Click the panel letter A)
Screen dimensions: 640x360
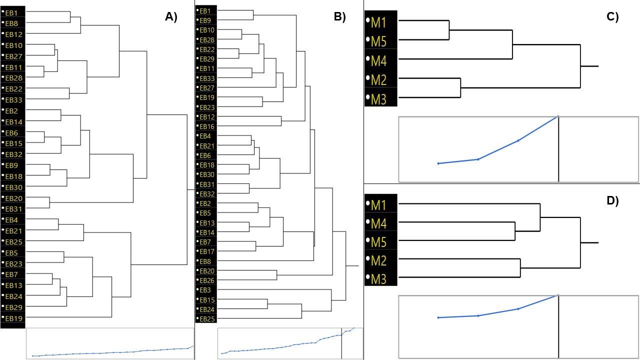(171, 17)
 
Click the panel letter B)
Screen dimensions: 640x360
(339, 17)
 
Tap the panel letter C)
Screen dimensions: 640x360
(612, 17)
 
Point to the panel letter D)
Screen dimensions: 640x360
(612, 200)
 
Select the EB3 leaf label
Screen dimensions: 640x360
(205, 290)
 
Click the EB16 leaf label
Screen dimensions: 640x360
(207, 126)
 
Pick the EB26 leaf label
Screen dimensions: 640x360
(207, 280)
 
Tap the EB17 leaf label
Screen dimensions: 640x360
(207, 251)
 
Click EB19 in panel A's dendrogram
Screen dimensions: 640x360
(13, 318)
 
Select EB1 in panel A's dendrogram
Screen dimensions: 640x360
(11, 13)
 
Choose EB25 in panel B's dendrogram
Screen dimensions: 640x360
(207, 319)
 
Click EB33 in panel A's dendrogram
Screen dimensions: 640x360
(13, 99)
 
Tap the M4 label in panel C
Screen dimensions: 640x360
(378, 61)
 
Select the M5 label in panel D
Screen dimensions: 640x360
(378, 242)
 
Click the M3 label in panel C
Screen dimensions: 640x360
(378, 99)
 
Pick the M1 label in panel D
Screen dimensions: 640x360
(378, 205)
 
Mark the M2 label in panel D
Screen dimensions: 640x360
(378, 260)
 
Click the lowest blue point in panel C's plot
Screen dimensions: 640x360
(438, 163)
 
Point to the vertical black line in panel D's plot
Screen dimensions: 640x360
(558, 326)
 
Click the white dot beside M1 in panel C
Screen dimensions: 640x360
(367, 20)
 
